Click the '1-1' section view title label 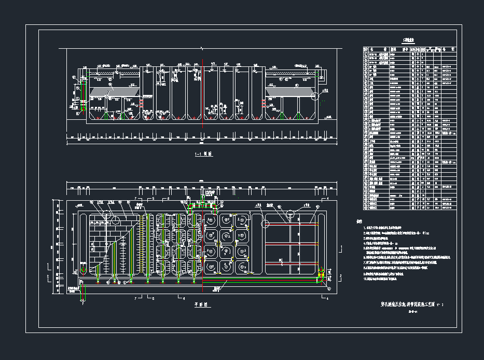203,154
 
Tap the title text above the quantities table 408,40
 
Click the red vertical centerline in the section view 202,93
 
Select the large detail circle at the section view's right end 314,95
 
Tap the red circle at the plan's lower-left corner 82,270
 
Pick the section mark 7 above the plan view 135,199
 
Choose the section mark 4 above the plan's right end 327,199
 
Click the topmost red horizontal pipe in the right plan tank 292,224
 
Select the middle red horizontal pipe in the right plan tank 292,243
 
